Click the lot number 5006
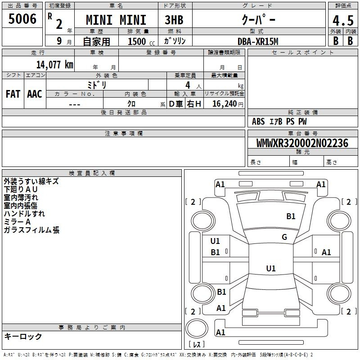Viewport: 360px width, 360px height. click(x=22, y=19)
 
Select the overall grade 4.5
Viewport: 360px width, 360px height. click(x=342, y=21)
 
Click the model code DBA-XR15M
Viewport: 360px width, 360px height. click(x=258, y=41)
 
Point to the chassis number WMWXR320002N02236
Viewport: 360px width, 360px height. click(x=302, y=144)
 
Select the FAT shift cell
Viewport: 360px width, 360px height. click(x=13, y=94)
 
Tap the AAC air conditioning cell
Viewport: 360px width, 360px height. click(x=35, y=94)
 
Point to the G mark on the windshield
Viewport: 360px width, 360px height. click(x=284, y=237)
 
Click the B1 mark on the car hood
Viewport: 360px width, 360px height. click(x=291, y=216)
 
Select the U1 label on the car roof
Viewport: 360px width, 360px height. click(x=270, y=269)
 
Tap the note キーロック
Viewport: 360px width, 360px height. click(x=23, y=336)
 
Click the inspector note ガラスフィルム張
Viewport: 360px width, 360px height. click(x=31, y=230)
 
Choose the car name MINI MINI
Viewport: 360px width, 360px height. click(x=116, y=21)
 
